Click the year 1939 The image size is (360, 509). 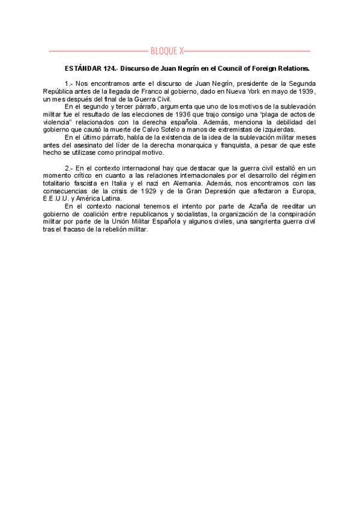pyautogui.click(x=323, y=91)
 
